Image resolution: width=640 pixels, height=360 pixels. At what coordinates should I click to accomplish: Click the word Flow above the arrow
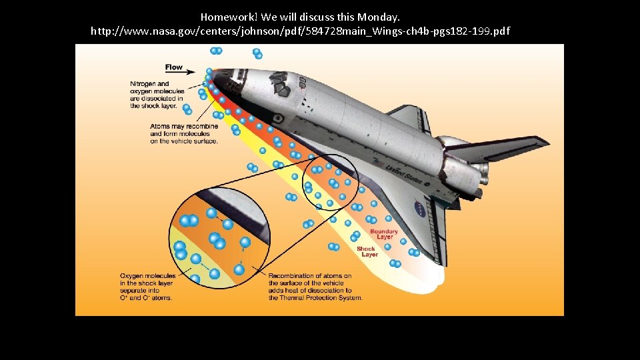(173, 67)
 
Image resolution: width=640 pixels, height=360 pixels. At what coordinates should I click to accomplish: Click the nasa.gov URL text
(300, 31)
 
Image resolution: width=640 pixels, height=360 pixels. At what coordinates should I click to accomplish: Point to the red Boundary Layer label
(383, 234)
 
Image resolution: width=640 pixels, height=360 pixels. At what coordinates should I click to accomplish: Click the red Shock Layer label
(367, 251)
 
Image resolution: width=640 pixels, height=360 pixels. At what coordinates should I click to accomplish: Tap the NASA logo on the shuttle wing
(420, 207)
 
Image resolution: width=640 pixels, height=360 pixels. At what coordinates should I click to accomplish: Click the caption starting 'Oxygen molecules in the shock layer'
(147, 287)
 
